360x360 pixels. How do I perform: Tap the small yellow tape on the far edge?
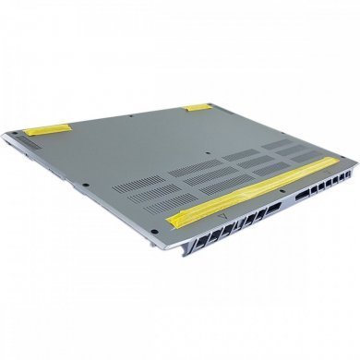(198, 108)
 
